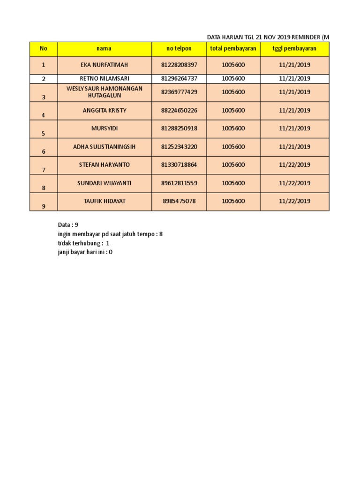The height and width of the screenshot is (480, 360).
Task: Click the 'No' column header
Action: [44, 49]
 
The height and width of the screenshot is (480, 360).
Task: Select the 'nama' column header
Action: [104, 49]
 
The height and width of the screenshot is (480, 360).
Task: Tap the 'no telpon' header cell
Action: [179, 49]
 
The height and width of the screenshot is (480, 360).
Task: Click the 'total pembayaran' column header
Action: [233, 49]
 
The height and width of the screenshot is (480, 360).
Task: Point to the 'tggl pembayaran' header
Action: [294, 49]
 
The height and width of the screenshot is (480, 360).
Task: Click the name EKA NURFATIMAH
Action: [104, 65]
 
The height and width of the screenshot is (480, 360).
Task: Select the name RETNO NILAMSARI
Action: [104, 79]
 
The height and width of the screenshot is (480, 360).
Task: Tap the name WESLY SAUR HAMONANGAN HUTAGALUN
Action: [104, 92]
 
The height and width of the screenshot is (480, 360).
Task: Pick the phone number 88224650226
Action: [179, 111]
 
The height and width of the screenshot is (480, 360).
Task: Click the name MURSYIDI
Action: [104, 128]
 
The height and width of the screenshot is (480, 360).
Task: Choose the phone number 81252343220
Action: [179, 147]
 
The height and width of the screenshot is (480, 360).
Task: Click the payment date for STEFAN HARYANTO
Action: [294, 165]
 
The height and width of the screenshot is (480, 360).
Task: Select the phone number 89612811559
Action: [179, 183]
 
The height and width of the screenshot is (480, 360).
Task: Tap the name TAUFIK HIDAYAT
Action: [104, 201]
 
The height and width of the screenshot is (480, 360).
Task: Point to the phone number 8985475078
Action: [179, 201]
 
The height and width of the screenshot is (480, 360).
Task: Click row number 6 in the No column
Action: [44, 151]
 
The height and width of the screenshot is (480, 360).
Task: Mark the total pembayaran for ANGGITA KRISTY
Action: [233, 111]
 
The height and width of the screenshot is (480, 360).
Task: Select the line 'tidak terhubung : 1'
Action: [83, 243]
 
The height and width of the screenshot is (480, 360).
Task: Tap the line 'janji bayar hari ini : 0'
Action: [85, 252]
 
